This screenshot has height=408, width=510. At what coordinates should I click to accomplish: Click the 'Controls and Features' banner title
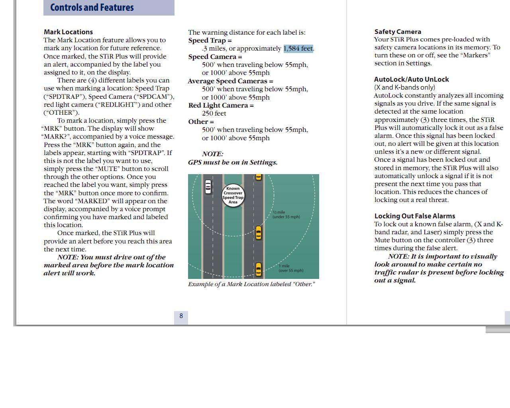click(92, 8)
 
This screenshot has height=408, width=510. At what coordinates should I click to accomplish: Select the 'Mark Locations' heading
click(68, 32)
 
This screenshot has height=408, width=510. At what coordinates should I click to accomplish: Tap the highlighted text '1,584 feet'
click(298, 49)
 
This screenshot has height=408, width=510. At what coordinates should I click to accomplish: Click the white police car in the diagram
click(208, 186)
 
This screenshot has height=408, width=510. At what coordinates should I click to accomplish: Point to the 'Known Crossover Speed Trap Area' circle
click(233, 195)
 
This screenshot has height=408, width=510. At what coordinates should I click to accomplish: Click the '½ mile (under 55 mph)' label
click(286, 215)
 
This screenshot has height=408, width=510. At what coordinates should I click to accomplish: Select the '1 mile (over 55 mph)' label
click(290, 268)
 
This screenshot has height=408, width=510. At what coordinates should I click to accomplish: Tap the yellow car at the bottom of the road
click(258, 269)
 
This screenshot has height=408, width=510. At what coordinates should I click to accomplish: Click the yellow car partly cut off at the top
click(258, 177)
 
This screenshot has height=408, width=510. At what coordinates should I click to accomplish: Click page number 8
click(181, 316)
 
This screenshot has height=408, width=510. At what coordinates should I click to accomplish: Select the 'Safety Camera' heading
click(398, 31)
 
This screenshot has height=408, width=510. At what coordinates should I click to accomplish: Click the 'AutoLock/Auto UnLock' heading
click(411, 79)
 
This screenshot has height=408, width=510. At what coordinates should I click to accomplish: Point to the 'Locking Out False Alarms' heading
click(414, 216)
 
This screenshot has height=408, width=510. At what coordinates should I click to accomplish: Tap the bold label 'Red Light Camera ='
click(221, 105)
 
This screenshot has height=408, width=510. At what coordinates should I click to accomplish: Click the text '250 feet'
click(214, 114)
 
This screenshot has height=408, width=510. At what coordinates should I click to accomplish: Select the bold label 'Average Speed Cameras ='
click(230, 81)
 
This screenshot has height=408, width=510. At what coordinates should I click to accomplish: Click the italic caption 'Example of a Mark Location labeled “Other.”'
click(251, 284)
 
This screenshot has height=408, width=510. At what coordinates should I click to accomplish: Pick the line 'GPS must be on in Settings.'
click(233, 162)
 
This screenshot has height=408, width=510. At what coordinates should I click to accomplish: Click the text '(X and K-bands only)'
click(404, 87)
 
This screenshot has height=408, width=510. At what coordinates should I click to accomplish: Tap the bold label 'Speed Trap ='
click(210, 40)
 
